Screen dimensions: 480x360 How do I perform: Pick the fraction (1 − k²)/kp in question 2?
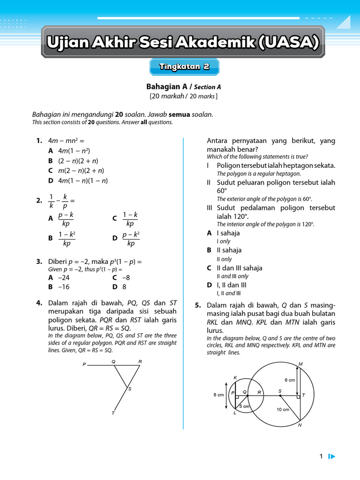click(x=67, y=238)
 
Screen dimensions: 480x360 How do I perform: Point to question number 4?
click(x=39, y=303)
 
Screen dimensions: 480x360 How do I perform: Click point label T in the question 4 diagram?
click(x=113, y=413)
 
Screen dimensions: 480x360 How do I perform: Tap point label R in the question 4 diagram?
click(x=140, y=361)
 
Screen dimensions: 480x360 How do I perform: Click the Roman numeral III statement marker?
click(x=210, y=208)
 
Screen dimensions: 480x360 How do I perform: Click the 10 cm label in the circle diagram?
click(x=283, y=409)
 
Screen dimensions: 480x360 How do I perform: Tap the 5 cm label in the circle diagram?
click(x=244, y=406)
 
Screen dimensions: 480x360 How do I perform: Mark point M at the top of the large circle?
click(x=300, y=364)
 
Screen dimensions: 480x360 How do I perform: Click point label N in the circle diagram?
click(x=300, y=426)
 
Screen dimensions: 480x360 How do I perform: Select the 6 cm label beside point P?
click(x=218, y=395)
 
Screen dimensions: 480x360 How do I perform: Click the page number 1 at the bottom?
click(x=321, y=456)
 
